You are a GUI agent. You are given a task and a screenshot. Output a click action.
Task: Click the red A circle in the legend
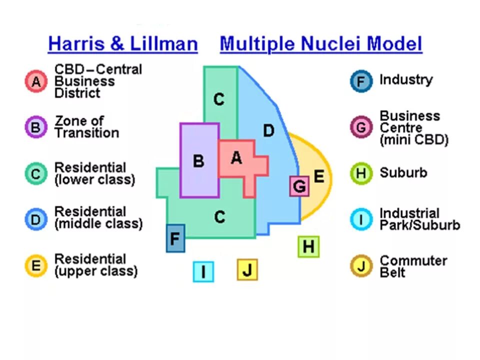(x=35, y=81)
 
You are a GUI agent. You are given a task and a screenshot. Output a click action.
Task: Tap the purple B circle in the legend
(x=35, y=127)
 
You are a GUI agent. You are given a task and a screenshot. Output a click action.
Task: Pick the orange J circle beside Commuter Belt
(x=361, y=266)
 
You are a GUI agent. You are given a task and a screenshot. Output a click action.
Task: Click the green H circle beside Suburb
(x=361, y=174)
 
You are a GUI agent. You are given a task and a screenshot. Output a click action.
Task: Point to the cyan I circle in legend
(x=361, y=219)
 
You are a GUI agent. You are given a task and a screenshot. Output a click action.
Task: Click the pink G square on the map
(x=299, y=186)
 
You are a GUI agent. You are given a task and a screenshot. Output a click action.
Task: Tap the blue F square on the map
(x=175, y=238)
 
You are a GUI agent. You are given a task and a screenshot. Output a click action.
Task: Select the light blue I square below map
(x=203, y=271)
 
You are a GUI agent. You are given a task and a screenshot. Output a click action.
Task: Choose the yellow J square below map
(x=247, y=270)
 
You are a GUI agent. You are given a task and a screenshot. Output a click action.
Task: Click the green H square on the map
(x=308, y=246)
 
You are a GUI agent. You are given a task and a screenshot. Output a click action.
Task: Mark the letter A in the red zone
(x=236, y=158)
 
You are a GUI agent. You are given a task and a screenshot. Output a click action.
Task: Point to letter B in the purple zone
(x=198, y=161)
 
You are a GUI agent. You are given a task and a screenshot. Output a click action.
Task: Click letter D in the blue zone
(x=268, y=131)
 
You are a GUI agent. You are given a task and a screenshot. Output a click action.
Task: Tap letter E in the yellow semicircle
(x=318, y=176)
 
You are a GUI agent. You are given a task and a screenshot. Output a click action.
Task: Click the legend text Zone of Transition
(x=86, y=127)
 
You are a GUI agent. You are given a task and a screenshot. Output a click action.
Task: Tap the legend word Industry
(x=405, y=79)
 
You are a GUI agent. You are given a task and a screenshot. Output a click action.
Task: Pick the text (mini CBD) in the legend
(x=413, y=139)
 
